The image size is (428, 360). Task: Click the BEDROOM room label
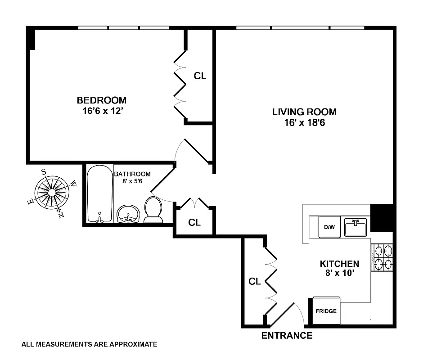[x=101, y=100]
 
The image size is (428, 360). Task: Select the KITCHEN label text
[x=339, y=264]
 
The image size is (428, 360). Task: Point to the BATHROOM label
[x=132, y=174]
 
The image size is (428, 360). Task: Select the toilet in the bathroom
[x=153, y=210]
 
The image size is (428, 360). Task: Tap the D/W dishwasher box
[x=329, y=227]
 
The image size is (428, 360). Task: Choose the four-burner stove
[x=382, y=257]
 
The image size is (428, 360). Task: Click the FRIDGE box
[x=325, y=311]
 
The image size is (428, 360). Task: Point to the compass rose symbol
[x=52, y=193]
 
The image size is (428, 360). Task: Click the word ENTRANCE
[x=287, y=336]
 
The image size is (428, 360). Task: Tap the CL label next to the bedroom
[x=200, y=76]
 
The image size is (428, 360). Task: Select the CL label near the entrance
[x=255, y=282]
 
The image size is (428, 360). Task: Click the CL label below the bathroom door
[x=194, y=222]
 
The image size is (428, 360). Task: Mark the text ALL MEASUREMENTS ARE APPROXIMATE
[x=89, y=345]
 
